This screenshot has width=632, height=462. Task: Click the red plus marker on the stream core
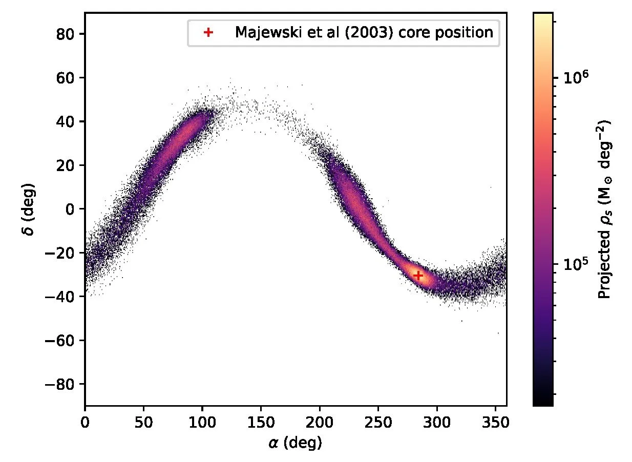418,275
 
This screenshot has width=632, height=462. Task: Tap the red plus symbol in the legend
208,33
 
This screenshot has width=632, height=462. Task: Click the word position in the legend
469,33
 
